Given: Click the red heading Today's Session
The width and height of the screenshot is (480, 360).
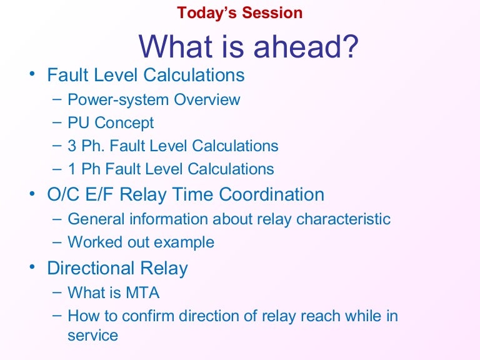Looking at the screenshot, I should click(x=239, y=12).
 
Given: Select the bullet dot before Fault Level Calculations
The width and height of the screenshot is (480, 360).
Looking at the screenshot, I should click(x=32, y=75).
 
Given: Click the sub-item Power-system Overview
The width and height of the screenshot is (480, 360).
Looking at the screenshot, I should click(x=153, y=99).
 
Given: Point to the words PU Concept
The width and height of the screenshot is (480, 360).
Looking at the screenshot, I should click(x=111, y=123).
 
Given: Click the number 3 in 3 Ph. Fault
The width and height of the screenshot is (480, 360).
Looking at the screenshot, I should click(x=72, y=146).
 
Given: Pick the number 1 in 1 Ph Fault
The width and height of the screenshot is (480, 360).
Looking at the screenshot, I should click(x=72, y=169).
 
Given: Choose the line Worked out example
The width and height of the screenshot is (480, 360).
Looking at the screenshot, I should click(x=141, y=242).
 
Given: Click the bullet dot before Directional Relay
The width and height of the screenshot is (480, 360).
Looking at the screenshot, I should click(x=32, y=268).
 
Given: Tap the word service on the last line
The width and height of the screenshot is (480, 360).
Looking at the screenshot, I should click(x=92, y=335).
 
